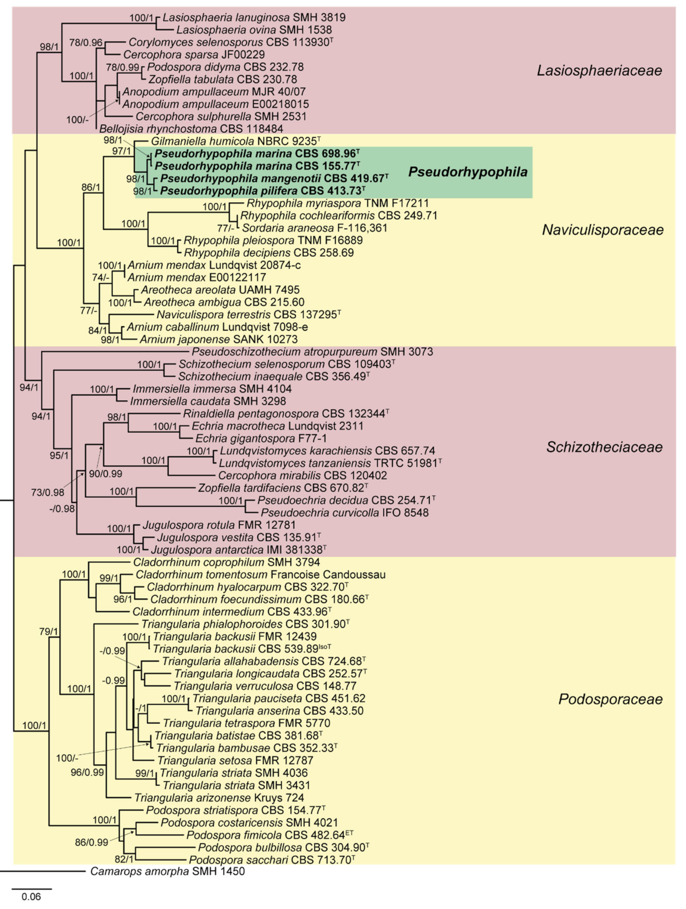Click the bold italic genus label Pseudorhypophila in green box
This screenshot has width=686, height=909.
[467, 172]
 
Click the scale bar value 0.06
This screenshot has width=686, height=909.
[31, 896]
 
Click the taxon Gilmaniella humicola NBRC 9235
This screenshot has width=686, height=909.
[236, 141]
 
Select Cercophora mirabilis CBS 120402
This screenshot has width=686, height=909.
[302, 475]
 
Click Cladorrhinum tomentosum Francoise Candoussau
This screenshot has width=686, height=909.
[260, 574]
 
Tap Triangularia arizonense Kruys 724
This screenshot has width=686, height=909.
[219, 798]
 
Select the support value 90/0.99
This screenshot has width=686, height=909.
[106, 473]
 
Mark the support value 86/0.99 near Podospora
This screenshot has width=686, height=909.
[91, 842]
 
